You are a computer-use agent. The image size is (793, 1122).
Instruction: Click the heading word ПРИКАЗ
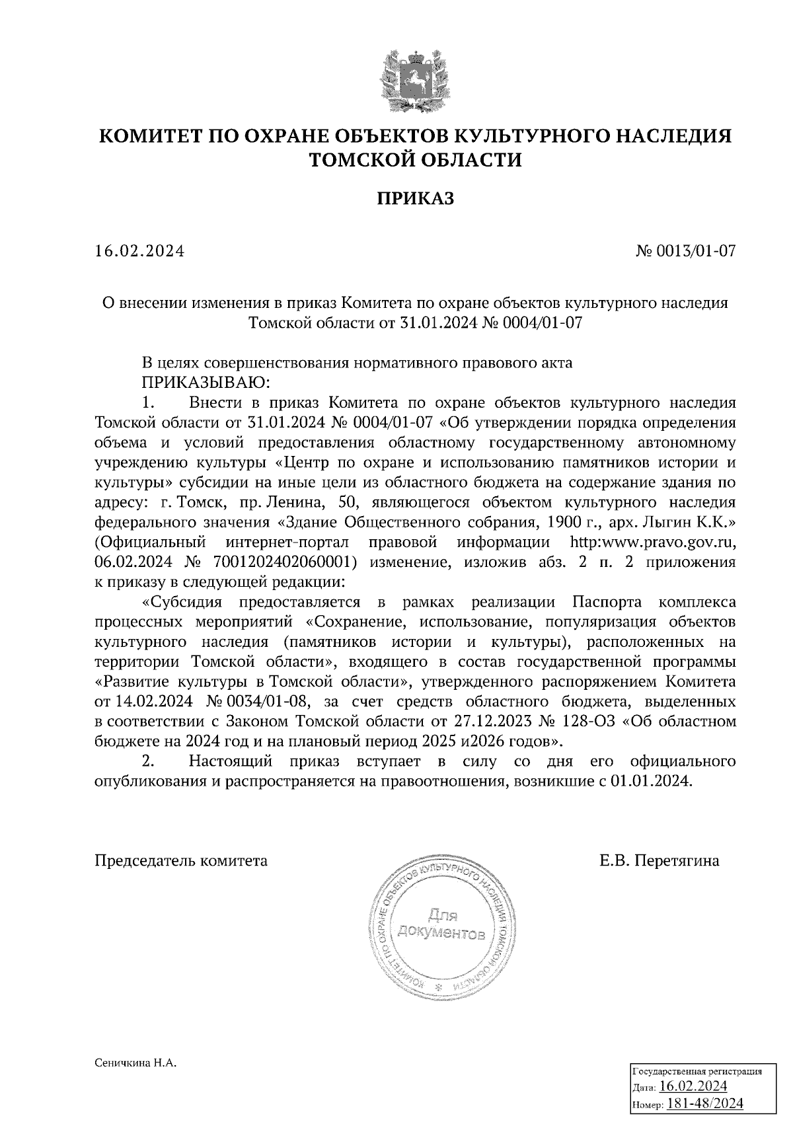(416, 198)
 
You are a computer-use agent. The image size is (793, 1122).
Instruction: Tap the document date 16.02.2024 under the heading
(139, 251)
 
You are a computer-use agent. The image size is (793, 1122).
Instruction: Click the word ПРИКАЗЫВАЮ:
(204, 383)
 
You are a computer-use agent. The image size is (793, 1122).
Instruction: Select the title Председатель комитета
(182, 861)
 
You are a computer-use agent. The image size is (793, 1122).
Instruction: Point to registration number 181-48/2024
(705, 1103)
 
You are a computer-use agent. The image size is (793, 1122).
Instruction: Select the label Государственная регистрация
(698, 1071)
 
